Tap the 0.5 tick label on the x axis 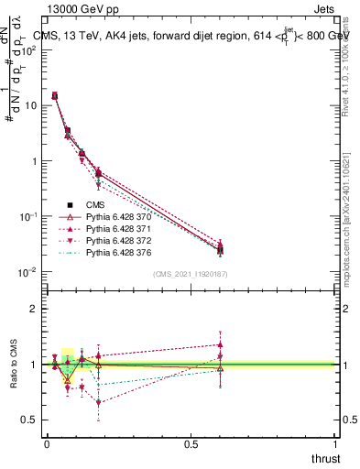[x=191, y=443]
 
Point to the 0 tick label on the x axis [x=47, y=443]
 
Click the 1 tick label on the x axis [x=335, y=443]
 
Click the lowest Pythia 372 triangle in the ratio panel [x=98, y=402]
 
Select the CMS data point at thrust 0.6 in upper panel [x=220, y=250]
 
